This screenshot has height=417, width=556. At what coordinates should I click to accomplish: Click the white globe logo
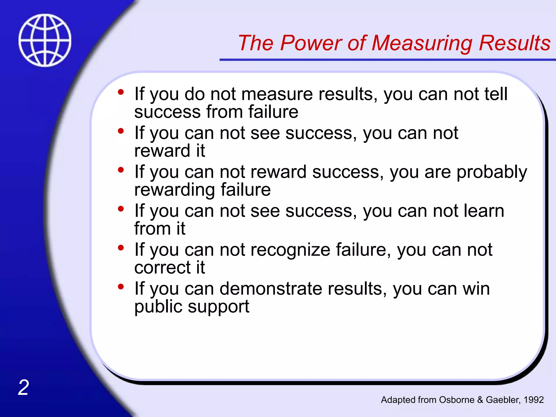pyautogui.click(x=45, y=40)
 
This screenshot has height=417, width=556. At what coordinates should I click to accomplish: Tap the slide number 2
pyautogui.click(x=24, y=387)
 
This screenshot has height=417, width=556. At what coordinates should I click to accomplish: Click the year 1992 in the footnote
pyautogui.click(x=533, y=400)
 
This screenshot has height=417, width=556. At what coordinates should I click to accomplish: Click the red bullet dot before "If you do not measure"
pyautogui.click(x=121, y=92)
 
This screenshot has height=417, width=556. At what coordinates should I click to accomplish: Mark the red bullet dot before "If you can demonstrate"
pyautogui.click(x=121, y=287)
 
